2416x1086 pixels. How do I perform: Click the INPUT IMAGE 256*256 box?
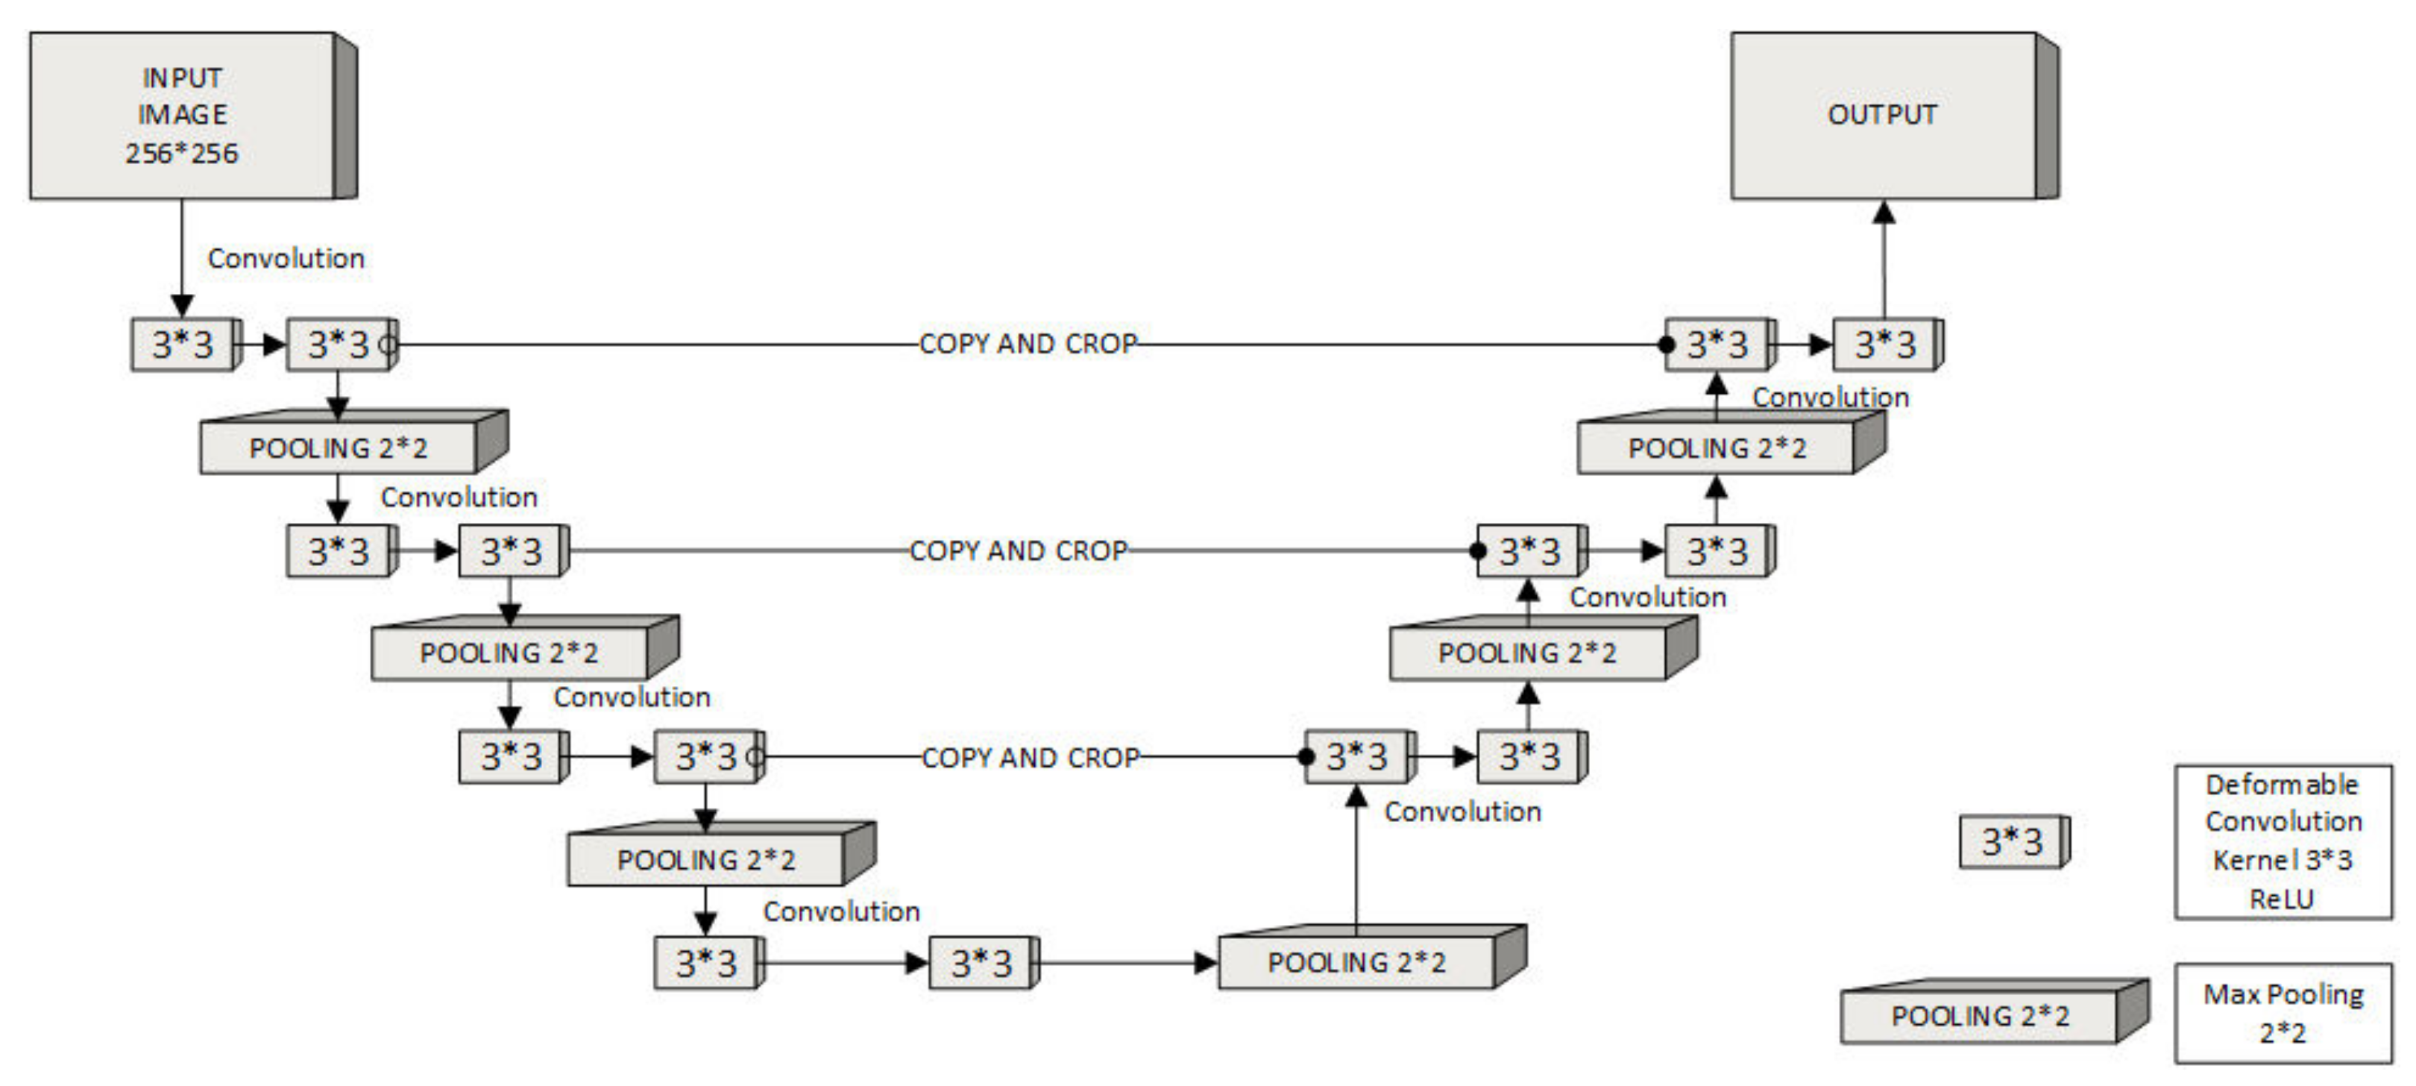point(183,116)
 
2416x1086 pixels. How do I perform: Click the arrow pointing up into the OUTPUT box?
point(1884,258)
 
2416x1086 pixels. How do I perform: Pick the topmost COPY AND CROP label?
point(1028,344)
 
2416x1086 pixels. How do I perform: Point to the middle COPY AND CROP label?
point(1019,550)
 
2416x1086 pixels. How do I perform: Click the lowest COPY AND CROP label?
point(1031,757)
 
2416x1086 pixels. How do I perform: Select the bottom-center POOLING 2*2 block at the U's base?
point(1356,962)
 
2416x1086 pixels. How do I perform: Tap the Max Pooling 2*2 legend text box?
point(2283,1013)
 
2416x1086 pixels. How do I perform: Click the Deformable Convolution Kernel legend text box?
point(2283,841)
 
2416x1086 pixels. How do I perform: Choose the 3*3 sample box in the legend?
point(2012,841)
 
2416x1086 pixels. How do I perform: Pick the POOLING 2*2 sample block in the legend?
point(1980,1016)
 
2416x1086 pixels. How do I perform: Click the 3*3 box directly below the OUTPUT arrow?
point(1885,344)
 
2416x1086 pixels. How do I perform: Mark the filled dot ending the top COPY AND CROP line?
point(1667,344)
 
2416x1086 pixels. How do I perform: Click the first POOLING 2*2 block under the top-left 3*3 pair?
point(339,448)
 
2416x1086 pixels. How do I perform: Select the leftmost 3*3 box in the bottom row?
point(706,963)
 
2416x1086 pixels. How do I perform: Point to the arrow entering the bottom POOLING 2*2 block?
point(1125,963)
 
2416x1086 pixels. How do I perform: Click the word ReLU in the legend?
point(2282,899)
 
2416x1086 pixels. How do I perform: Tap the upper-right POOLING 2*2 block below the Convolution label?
point(1717,448)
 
